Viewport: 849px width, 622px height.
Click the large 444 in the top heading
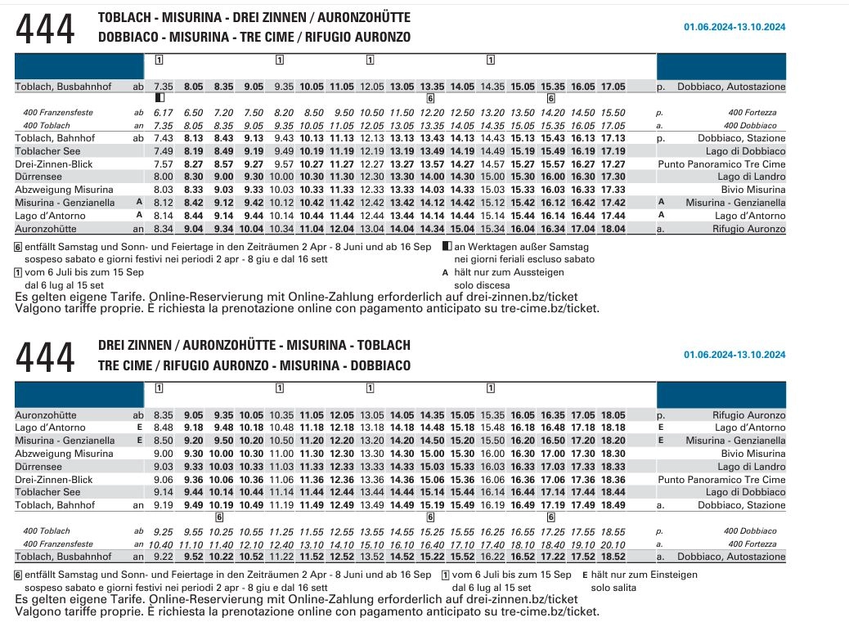pos(45,29)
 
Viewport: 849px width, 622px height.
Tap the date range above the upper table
pos(734,26)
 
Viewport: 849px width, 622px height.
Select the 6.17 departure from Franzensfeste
pos(164,113)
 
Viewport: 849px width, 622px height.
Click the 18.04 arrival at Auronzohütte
pos(613,229)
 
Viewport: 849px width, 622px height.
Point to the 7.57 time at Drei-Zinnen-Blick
pos(164,164)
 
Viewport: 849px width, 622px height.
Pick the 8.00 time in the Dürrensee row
pos(164,177)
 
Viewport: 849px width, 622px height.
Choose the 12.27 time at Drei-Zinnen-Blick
pos(372,164)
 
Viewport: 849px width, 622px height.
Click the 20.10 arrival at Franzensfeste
pos(613,544)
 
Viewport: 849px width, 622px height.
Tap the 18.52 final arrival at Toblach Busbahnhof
pos(613,557)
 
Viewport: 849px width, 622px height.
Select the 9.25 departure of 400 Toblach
pos(164,531)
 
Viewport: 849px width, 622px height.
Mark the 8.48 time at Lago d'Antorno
pos(164,427)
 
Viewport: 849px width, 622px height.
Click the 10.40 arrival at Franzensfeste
pos(161,544)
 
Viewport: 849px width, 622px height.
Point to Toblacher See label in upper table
pos(47,151)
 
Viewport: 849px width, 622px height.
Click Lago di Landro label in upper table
pos(752,177)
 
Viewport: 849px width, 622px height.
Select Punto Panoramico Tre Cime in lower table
pos(721,479)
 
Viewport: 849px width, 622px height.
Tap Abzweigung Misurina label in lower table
pos(64,454)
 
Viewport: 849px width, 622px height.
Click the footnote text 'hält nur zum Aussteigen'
pos(509,272)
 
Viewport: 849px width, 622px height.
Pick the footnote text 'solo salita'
pos(613,588)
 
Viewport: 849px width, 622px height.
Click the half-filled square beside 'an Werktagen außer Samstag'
pos(447,246)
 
